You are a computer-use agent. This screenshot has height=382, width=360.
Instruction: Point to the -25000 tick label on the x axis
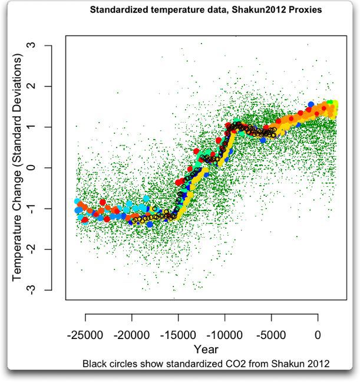85,335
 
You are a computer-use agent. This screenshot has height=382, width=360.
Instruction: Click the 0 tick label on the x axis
318,335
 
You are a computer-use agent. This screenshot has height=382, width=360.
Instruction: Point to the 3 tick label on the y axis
42,45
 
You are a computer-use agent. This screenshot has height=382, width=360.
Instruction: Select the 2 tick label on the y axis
42,86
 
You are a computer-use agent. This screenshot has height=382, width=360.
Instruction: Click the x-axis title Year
206,349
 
